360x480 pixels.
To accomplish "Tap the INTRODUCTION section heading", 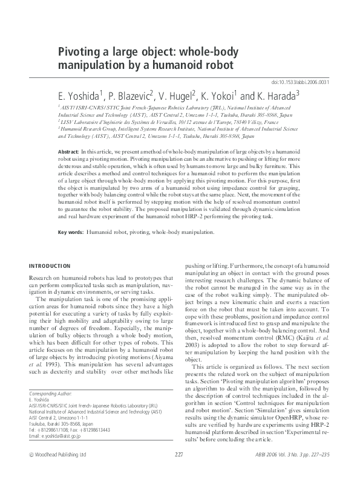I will point(50,266).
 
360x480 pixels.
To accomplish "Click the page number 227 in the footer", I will point(179,471).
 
